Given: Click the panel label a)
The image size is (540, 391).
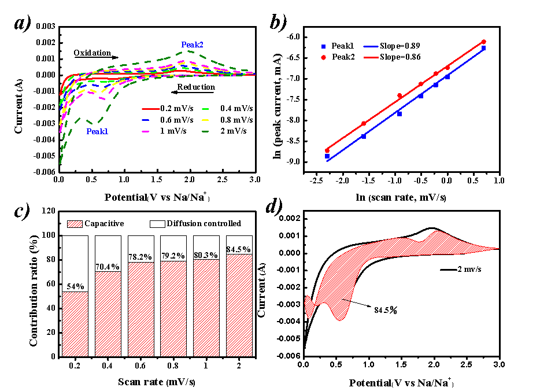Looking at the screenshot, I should click(27, 24).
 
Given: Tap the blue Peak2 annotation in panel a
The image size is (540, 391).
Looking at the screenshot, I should click(192, 45).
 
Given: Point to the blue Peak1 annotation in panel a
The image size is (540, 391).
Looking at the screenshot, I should click(97, 131).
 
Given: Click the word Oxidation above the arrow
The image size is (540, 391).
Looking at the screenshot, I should click(92, 53).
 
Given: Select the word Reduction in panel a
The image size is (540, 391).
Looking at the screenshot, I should click(196, 87).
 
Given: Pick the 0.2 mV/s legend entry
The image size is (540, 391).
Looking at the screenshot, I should click(176, 108).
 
